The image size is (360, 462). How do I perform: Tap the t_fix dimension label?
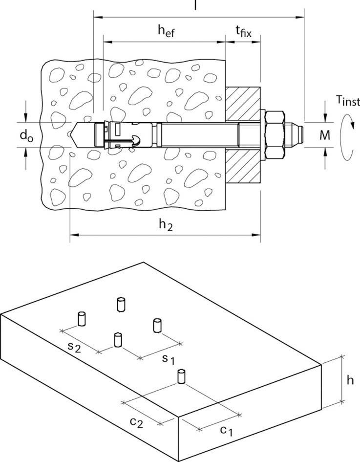(x=243, y=32)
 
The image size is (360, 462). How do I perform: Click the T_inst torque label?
(x=347, y=101)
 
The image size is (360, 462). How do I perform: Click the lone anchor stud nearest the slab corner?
(x=181, y=377)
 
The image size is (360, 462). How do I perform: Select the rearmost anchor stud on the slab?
(x=121, y=304)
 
